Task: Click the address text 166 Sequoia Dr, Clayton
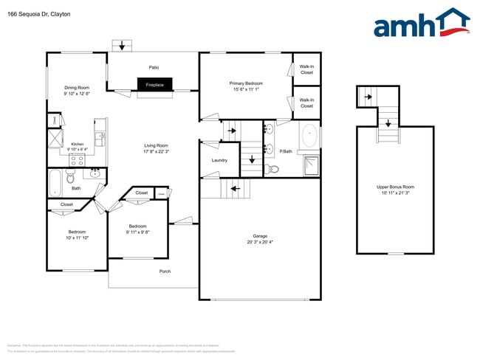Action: (38, 13)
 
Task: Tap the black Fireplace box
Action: (155, 85)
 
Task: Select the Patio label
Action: (154, 66)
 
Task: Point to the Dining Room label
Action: (77, 87)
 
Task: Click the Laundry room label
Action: (219, 160)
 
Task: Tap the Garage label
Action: (260, 237)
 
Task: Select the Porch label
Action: (165, 271)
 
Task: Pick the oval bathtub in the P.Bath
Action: (310, 136)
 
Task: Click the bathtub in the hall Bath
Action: (55, 179)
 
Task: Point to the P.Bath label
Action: (286, 151)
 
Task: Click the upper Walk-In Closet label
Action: (306, 69)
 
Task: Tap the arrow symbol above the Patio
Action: (123, 46)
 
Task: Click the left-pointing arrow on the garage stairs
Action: (236, 189)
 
